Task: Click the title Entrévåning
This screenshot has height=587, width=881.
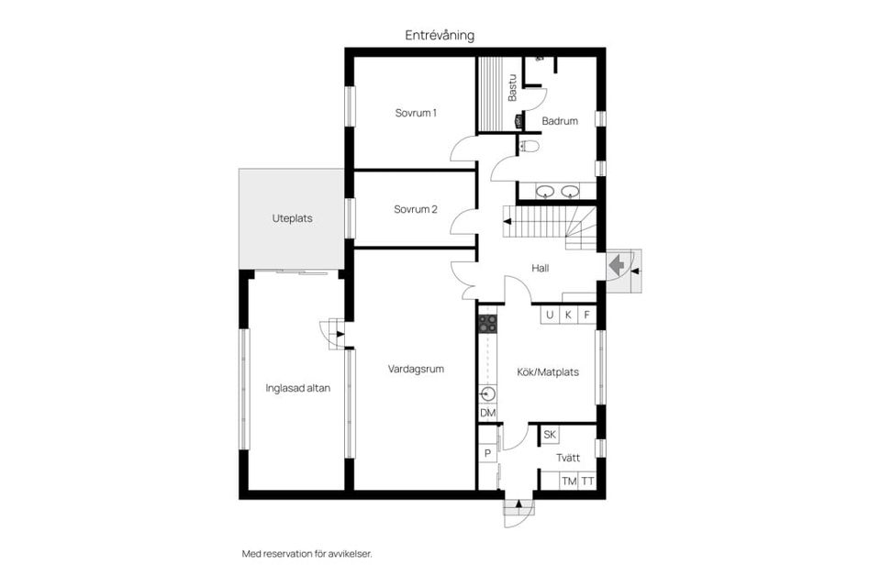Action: [440, 35]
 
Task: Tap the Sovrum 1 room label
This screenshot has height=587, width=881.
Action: [416, 113]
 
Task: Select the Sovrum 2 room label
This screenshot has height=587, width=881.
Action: [416, 209]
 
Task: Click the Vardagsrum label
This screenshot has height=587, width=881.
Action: [416, 370]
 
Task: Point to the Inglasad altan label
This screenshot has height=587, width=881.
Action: [297, 388]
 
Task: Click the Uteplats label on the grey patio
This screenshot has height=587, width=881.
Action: [292, 219]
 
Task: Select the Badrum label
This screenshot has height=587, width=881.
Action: [559, 121]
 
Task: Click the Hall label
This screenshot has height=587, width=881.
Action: [541, 269]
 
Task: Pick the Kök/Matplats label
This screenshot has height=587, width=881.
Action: [549, 372]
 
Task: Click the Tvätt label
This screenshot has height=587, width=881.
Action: [568, 458]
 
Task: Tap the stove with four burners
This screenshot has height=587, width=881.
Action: [488, 323]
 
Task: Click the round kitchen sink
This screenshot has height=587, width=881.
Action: [487, 394]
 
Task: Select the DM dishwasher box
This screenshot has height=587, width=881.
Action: [487, 415]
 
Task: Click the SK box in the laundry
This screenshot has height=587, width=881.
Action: [550, 435]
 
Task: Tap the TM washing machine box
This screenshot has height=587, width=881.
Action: [569, 482]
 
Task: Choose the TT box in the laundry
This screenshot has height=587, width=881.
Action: [587, 482]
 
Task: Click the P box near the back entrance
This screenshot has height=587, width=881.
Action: [487, 454]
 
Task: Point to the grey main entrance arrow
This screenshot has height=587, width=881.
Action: [619, 265]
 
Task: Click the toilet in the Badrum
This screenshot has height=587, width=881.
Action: [530, 146]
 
